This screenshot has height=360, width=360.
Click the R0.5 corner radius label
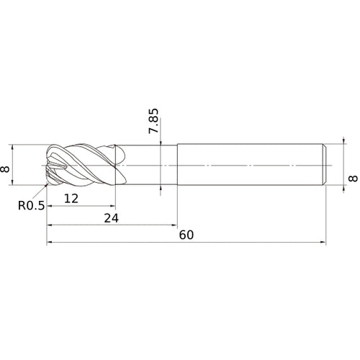pos(32,205)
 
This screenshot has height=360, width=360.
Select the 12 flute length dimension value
pos(71,199)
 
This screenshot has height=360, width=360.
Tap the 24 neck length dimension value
pos(111,218)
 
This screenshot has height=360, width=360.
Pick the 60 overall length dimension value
pos(186,235)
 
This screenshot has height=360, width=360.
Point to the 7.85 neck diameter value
pos(153,121)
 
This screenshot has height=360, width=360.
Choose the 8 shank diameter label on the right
pos(353,179)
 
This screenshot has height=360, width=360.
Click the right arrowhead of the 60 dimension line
pos(323,243)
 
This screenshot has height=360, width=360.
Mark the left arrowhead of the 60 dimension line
pos(50,243)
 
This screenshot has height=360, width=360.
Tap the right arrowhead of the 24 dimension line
pos(174,225)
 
